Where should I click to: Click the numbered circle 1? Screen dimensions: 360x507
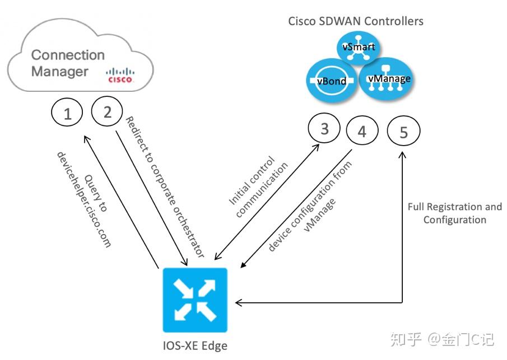click(68, 114)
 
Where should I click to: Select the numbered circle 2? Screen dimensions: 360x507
click(108, 111)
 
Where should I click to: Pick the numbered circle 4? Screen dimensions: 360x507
click(362, 132)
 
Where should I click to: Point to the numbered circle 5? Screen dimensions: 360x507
click(404, 132)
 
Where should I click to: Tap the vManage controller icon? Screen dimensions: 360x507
click(388, 79)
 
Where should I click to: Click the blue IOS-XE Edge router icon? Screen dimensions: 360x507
click(194, 300)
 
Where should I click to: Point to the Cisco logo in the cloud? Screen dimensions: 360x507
click(120, 76)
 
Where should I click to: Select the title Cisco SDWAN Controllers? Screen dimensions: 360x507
click(356, 22)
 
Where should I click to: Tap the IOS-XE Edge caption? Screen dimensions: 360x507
click(194, 346)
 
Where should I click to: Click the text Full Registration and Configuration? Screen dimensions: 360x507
click(454, 213)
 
